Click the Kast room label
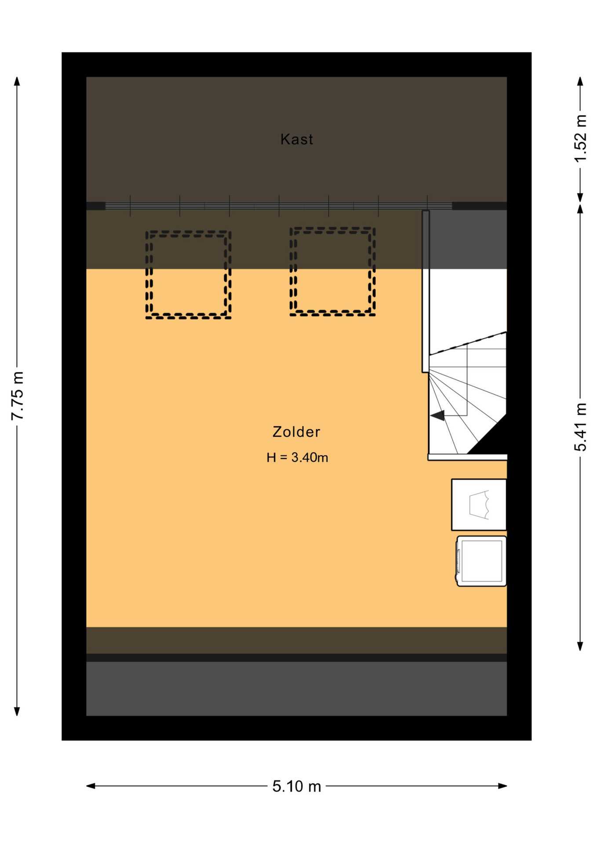[297, 139]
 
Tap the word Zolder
[296, 432]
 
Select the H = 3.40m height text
[297, 458]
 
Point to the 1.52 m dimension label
[580, 138]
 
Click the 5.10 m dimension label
[297, 786]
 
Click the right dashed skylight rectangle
[333, 228]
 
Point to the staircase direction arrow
[437, 415]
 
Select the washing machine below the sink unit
[481, 561]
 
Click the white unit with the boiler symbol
[479, 505]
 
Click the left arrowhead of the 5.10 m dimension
[90, 786]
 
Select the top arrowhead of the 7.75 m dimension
[17, 81]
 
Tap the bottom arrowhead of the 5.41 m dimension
[580, 646]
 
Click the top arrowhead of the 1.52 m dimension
[580, 81]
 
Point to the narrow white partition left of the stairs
[426, 291]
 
